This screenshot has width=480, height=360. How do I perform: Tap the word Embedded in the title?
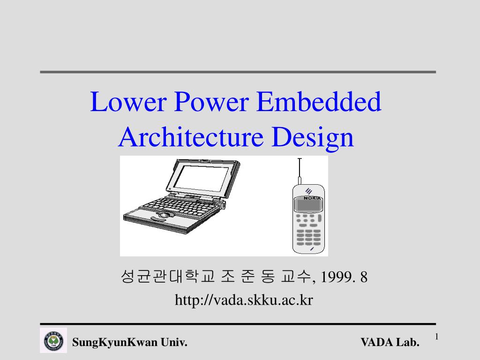click(x=319, y=102)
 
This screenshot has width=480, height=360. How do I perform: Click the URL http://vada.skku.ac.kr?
click(x=243, y=300)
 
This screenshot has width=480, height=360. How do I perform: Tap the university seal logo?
click(x=53, y=340)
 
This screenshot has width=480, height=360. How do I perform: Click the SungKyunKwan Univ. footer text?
click(x=130, y=343)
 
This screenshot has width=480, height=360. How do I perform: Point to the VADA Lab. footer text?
click(x=390, y=343)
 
